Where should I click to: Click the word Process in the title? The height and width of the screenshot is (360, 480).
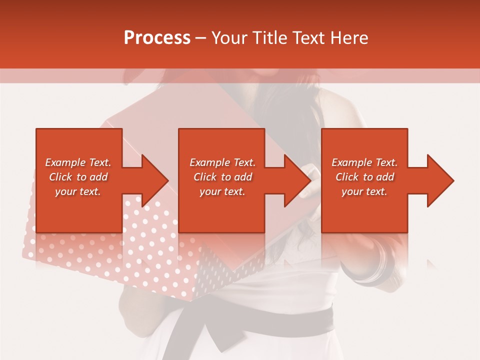(x=157, y=38)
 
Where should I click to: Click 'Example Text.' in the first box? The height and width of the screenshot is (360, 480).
(x=78, y=162)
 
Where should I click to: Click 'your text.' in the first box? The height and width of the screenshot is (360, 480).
(x=78, y=191)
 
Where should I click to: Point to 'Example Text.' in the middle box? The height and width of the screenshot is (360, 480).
(x=222, y=162)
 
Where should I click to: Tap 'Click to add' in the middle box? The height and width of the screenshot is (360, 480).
(x=222, y=177)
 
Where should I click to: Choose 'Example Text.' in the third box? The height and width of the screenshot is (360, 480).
(x=364, y=162)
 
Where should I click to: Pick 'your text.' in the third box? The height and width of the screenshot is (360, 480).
(x=364, y=191)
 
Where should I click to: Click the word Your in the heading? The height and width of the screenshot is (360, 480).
(x=230, y=38)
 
